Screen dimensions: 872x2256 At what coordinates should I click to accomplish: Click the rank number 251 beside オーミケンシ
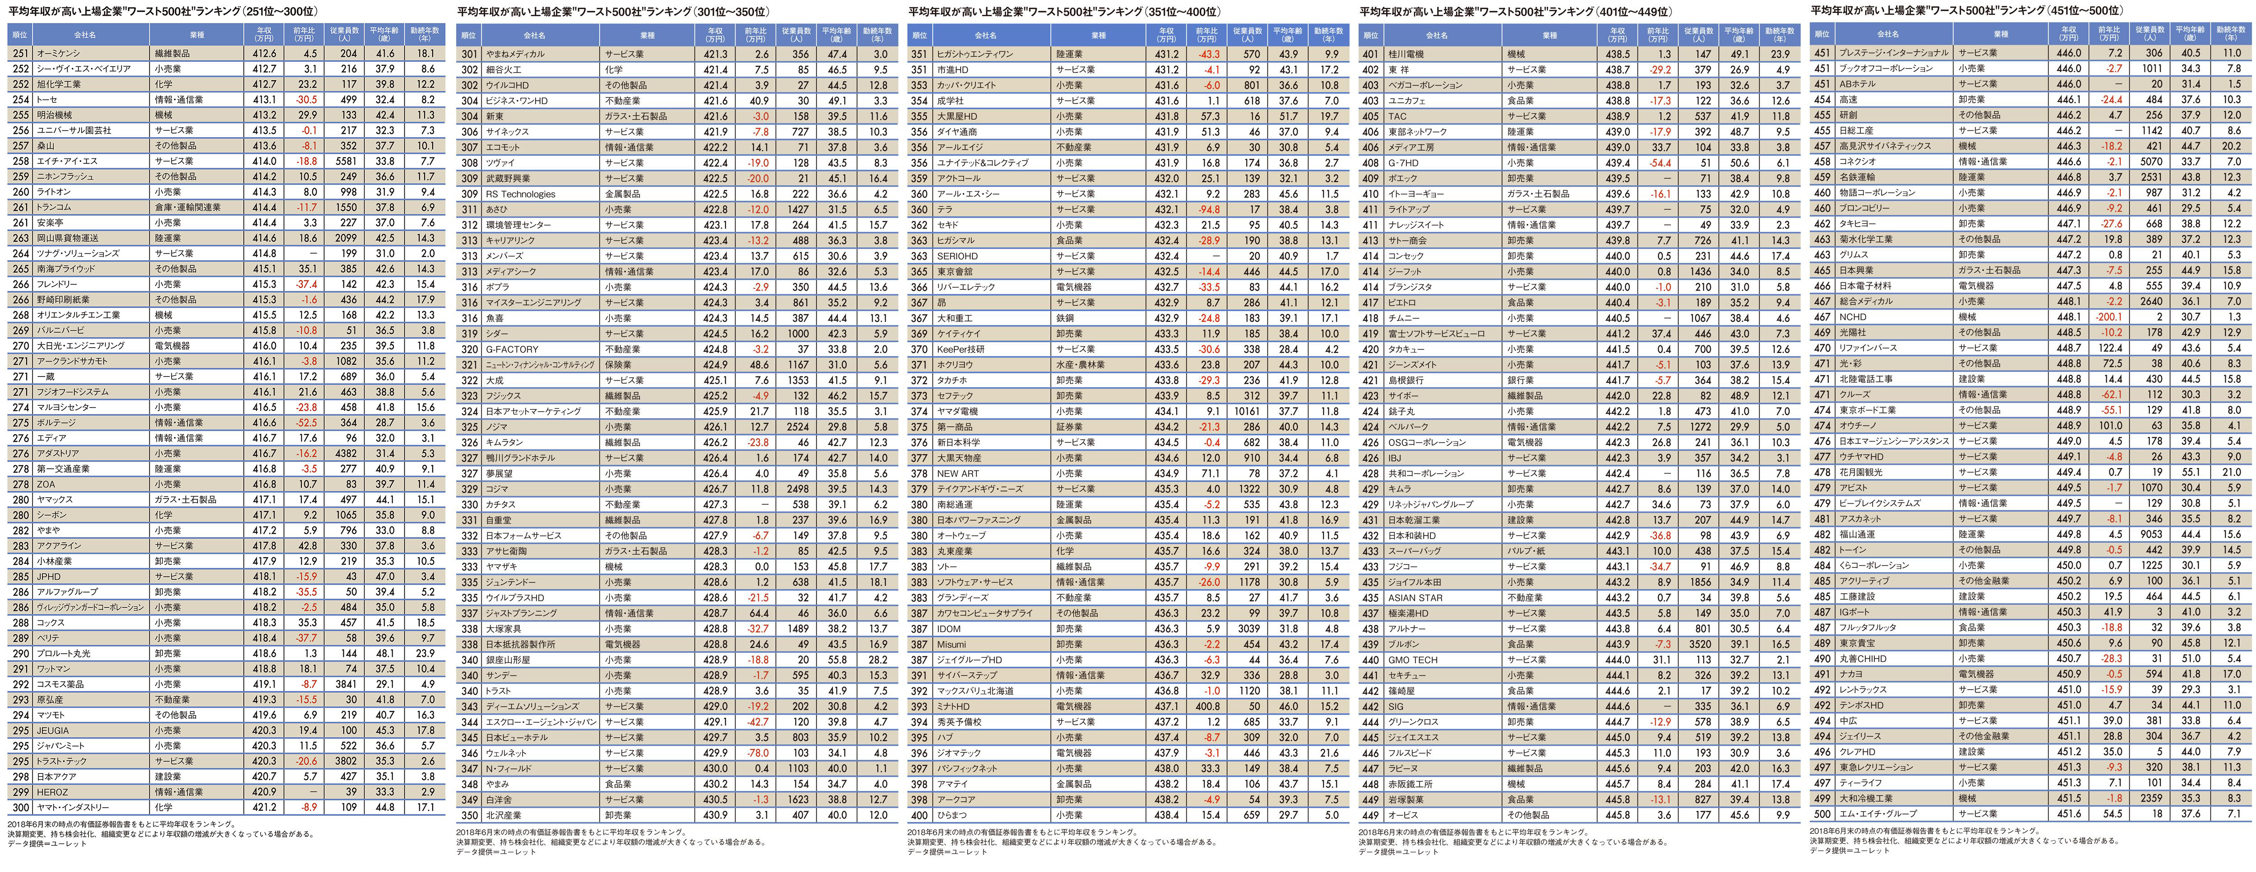click(x=20, y=53)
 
